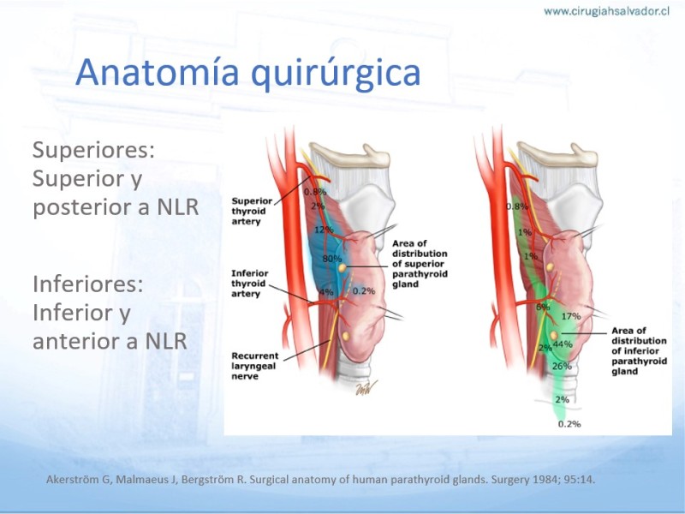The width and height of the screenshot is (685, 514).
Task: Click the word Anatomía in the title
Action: point(157,72)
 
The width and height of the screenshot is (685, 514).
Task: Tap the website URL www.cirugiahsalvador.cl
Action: point(606,11)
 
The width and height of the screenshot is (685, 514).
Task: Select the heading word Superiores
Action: point(93,151)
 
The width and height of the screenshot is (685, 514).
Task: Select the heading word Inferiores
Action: point(88,284)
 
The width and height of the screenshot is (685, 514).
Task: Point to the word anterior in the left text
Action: point(85,341)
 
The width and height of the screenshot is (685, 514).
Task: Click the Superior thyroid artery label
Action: point(252,211)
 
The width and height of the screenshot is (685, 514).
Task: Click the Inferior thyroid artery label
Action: point(249,284)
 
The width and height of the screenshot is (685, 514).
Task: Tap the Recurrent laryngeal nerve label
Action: point(254,366)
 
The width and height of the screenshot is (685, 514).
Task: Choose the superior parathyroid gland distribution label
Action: point(420,264)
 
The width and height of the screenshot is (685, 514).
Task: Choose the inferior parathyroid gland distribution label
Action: point(639,350)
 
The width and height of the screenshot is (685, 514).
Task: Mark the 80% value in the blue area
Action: point(332,259)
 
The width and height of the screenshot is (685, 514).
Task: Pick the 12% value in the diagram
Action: point(324,230)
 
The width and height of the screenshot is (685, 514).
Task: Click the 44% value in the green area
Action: point(563,344)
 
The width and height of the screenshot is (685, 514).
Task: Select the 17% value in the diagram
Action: point(571,316)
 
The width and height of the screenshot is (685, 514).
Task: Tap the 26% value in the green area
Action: point(562,366)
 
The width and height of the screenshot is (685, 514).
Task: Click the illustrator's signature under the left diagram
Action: point(366,387)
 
